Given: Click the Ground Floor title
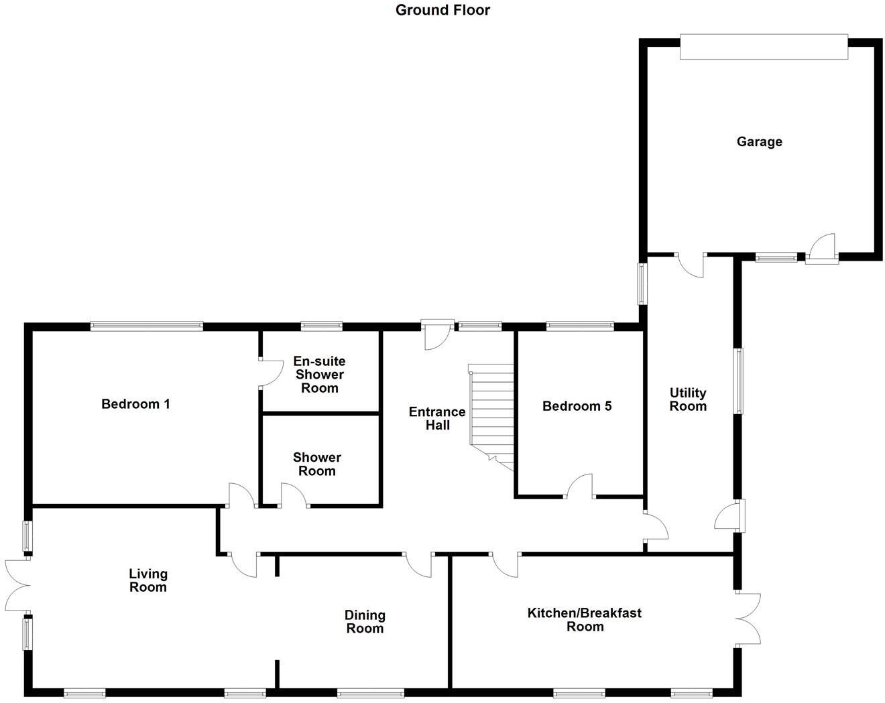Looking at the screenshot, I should (x=442, y=10).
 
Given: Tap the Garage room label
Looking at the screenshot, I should (x=759, y=141).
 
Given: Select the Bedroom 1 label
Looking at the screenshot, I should (x=135, y=403).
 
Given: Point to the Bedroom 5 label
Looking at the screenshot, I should (x=577, y=405).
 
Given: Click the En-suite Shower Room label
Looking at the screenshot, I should (x=320, y=375).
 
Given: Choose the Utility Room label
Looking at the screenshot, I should (x=688, y=399).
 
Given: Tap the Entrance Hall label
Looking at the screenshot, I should (x=437, y=418).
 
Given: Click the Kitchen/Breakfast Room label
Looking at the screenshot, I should (x=585, y=619).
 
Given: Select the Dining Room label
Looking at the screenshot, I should (x=365, y=621).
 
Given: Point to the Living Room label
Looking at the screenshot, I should (x=148, y=580).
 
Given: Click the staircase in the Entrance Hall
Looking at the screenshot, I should (x=491, y=416).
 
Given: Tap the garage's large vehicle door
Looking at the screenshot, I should (x=764, y=47).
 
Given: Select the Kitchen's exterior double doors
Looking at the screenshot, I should (x=748, y=618).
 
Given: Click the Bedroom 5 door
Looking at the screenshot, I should (x=581, y=487).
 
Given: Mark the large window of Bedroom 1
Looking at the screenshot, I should (x=147, y=326).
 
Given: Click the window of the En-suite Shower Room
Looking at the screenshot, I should (x=321, y=326).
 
